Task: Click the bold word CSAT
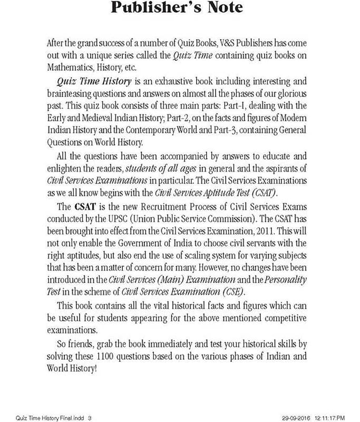pos(84,205)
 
